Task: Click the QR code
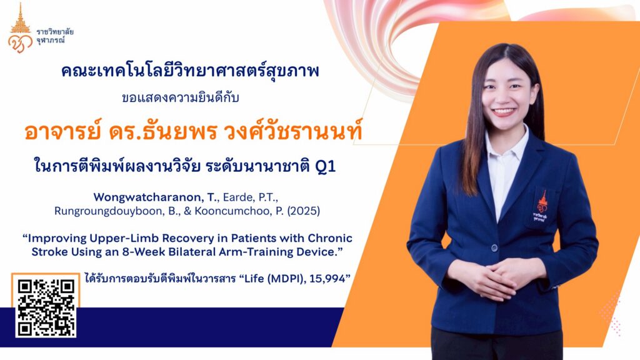point(46,307)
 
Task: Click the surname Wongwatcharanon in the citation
point(149,197)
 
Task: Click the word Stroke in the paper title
point(49,252)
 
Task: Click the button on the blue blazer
point(494,247)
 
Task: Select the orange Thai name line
point(193,132)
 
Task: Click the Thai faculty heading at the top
point(190,71)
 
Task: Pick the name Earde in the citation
point(238,197)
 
